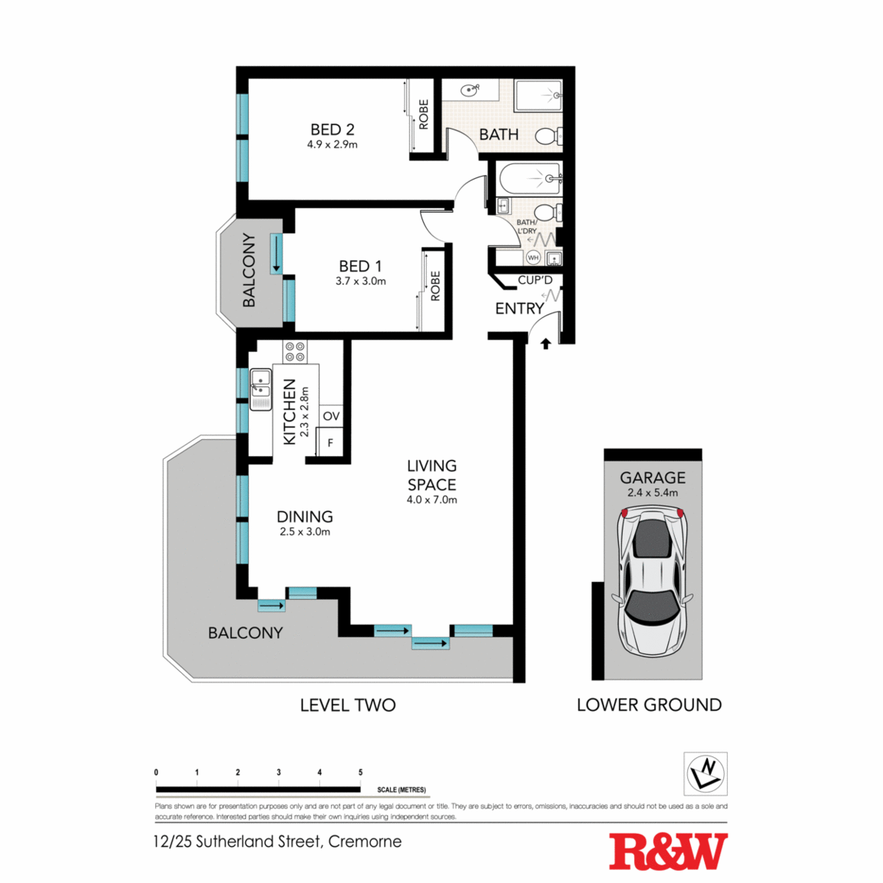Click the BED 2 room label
click(x=332, y=130)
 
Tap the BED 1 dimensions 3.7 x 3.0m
click(x=360, y=281)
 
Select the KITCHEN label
click(x=289, y=412)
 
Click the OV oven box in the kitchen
click(x=331, y=416)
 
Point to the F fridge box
click(x=331, y=443)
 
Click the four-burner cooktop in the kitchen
click(x=295, y=352)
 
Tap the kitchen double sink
click(x=260, y=389)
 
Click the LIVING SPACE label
click(x=432, y=475)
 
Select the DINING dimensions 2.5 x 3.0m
click(x=305, y=531)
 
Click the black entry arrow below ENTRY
click(x=545, y=344)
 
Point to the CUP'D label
click(x=534, y=280)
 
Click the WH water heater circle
click(x=533, y=258)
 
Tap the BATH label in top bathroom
click(x=499, y=134)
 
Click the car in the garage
click(x=653, y=584)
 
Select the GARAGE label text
click(x=653, y=478)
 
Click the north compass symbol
click(x=706, y=773)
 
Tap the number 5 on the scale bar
click(x=360, y=772)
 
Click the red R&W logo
click(x=668, y=851)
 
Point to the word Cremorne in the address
click(x=365, y=842)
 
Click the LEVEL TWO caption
click(x=348, y=705)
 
